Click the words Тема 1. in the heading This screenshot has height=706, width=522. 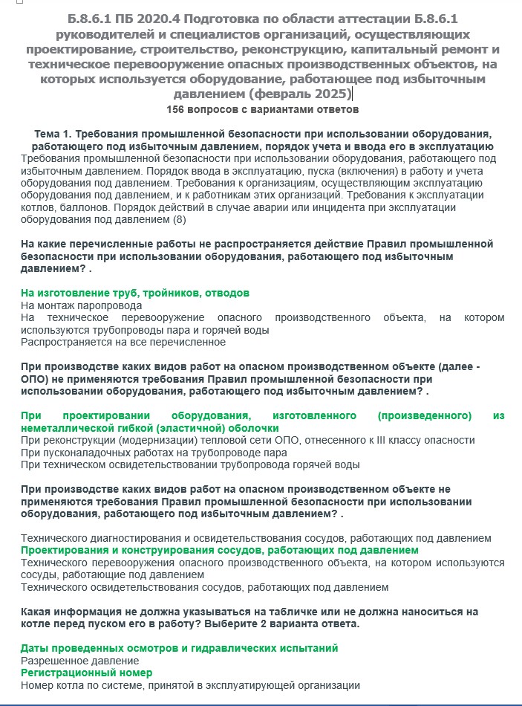click(x=53, y=134)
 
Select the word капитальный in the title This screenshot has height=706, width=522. click(x=395, y=49)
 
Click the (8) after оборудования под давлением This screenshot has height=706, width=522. click(x=179, y=219)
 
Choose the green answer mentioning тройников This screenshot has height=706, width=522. click(x=134, y=293)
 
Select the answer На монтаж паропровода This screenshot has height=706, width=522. click(x=81, y=305)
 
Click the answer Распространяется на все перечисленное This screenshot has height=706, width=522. click(x=123, y=342)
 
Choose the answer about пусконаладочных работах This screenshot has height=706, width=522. click(x=154, y=452)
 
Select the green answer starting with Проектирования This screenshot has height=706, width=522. click(x=219, y=550)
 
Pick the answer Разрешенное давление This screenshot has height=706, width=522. click(x=79, y=660)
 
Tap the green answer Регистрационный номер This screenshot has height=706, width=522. click(x=86, y=673)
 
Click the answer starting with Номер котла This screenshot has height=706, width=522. click(x=190, y=685)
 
